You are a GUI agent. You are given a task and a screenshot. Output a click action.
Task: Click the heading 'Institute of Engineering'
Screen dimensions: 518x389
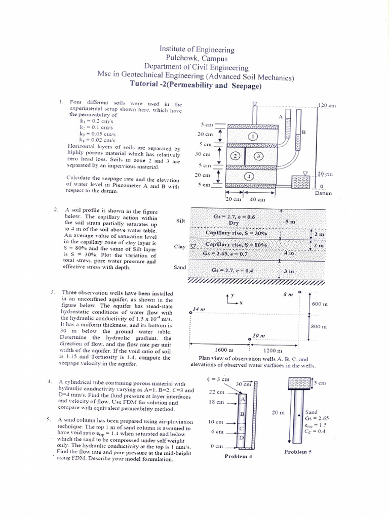(x=197, y=50)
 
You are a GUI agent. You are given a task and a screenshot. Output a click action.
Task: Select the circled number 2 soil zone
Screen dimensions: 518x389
(x=235, y=156)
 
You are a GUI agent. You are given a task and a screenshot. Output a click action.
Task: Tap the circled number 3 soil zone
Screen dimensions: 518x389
(x=258, y=156)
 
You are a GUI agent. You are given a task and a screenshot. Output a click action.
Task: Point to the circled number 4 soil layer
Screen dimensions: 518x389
(x=248, y=176)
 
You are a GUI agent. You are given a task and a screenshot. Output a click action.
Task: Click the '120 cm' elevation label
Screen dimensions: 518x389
(x=326, y=105)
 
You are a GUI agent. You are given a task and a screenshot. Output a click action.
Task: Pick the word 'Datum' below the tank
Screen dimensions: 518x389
(x=323, y=193)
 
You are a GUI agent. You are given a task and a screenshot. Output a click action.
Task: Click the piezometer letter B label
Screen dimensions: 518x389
(x=304, y=132)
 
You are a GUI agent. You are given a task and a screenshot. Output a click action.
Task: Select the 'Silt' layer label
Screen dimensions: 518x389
(x=180, y=221)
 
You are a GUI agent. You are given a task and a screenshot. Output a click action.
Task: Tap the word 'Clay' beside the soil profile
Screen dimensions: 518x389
(x=179, y=246)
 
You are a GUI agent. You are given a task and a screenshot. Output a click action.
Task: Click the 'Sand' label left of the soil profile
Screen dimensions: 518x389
(x=180, y=267)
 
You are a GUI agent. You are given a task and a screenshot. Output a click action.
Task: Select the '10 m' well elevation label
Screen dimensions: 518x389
(x=258, y=336)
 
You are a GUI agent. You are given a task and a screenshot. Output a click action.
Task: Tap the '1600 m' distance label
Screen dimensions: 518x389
(x=223, y=350)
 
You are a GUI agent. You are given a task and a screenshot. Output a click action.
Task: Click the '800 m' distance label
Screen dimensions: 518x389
(x=320, y=327)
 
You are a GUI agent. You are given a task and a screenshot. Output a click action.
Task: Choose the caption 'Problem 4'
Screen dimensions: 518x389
(x=239, y=456)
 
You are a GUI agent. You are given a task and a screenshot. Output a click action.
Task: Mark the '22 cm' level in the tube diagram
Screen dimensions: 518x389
(x=216, y=393)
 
